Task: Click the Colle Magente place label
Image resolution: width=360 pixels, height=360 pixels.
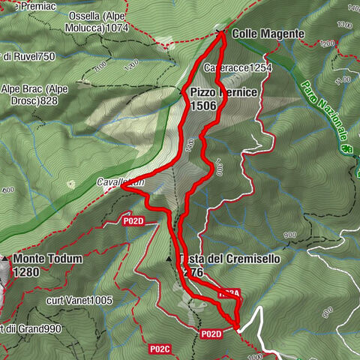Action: [x=268, y=34]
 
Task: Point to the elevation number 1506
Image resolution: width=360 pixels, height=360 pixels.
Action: [x=204, y=106]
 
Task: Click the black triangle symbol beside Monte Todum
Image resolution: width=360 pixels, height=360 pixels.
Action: [x=5, y=259]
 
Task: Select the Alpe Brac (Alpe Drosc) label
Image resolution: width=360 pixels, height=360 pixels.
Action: [x=34, y=94]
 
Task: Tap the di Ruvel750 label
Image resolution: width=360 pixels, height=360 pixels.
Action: [x=28, y=56]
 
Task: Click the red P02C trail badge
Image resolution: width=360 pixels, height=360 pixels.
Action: [x=159, y=349]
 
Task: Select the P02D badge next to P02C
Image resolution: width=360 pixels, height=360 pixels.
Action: [x=211, y=334]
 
